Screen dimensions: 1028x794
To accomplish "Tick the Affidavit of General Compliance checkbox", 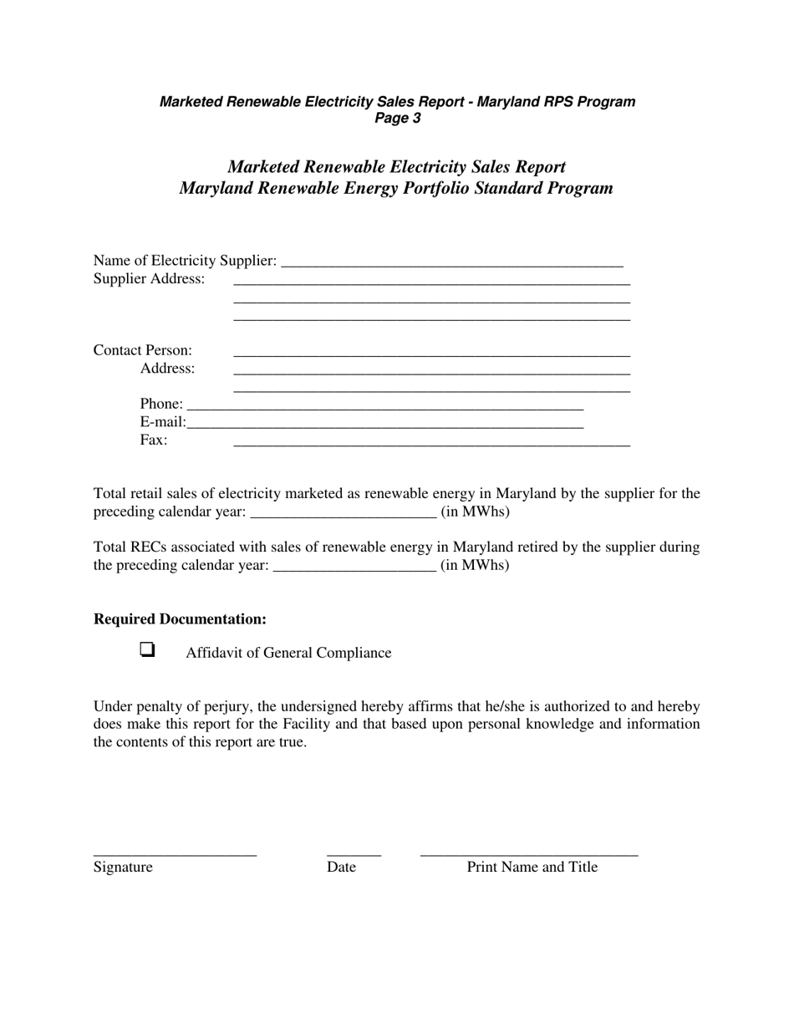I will pyautogui.click(x=147, y=649).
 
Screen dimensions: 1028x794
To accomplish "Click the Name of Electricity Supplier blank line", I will pyautogui.click(x=452, y=262).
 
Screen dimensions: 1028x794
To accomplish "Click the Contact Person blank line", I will pyautogui.click(x=431, y=351).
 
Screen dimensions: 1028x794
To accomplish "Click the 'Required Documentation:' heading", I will pyautogui.click(x=180, y=619).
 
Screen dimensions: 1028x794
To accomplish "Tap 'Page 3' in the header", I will pyautogui.click(x=397, y=119).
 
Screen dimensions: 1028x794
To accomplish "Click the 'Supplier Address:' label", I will pyautogui.click(x=149, y=279).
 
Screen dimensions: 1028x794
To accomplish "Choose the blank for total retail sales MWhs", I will pyautogui.click(x=343, y=512).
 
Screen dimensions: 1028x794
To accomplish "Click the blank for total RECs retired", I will pyautogui.click(x=354, y=566).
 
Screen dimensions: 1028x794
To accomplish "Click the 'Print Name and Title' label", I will pyautogui.click(x=532, y=868).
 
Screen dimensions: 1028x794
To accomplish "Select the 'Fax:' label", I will pyautogui.click(x=153, y=440).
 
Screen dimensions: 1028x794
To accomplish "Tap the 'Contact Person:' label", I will pyautogui.click(x=142, y=350).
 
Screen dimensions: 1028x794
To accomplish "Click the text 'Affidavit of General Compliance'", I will pyautogui.click(x=288, y=653).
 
